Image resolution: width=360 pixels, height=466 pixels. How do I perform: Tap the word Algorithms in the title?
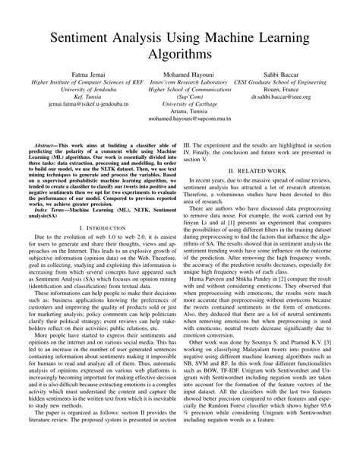coord(180,55)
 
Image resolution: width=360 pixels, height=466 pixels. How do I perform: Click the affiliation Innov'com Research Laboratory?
coord(180,89)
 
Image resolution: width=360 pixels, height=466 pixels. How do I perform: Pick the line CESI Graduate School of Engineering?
coord(283,89)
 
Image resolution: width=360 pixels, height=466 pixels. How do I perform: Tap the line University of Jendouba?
coord(75,97)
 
